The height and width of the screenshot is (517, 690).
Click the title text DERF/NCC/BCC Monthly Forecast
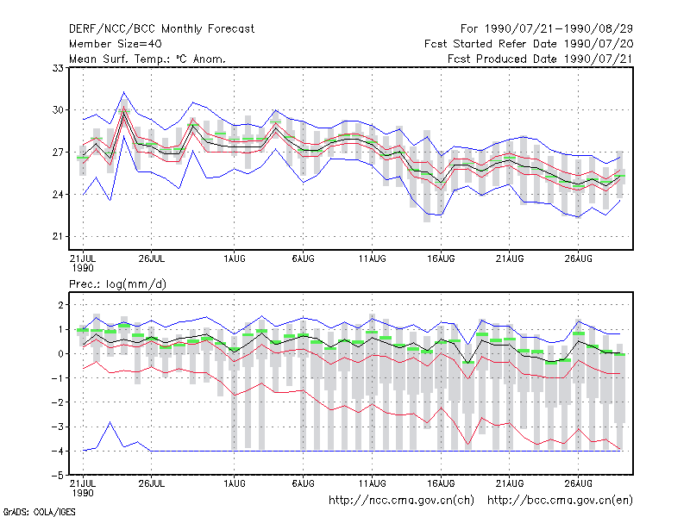tap(161, 29)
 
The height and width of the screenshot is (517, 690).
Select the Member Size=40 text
tap(116, 44)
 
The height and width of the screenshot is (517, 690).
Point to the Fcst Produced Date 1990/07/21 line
tap(540, 59)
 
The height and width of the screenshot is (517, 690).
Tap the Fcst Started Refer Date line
tap(529, 44)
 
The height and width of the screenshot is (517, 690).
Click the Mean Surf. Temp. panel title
tap(147, 59)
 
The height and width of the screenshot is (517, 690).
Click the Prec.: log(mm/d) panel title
tap(117, 284)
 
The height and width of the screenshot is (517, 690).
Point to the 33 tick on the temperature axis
tap(58, 68)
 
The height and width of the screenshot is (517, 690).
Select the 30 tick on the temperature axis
tap(58, 110)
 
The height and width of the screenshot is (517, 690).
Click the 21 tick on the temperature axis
tap(58, 236)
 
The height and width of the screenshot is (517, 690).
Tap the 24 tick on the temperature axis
tap(58, 195)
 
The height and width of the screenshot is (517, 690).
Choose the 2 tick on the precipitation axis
tap(60, 305)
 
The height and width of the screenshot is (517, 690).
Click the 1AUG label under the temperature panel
tap(234, 258)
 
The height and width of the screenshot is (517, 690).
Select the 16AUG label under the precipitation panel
tap(441, 483)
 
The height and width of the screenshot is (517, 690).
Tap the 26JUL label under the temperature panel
tap(152, 258)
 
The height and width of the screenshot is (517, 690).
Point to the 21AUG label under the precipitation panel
tap(510, 483)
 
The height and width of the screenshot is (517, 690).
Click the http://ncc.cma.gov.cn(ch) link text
tap(401, 501)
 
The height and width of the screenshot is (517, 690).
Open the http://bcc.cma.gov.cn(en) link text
tap(560, 501)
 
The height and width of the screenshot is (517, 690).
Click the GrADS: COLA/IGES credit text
tap(39, 512)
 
